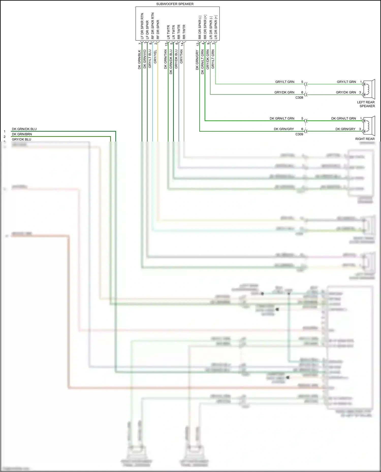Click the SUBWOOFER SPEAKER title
tap(175, 4)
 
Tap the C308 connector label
tap(299, 98)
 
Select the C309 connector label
tap(299, 134)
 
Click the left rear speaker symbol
tap(369, 89)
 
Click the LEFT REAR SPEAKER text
tap(366, 104)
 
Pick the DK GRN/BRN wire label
tap(22, 134)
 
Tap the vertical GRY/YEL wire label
tap(155, 57)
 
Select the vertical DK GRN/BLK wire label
tap(139, 60)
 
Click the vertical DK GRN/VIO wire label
tap(145, 59)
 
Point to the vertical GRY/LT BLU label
tap(150, 59)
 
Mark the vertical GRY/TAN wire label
tap(181, 56)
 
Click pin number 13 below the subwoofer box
tap(166, 44)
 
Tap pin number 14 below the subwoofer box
tap(182, 44)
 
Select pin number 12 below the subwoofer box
tap(198, 44)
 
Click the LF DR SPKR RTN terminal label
tap(142, 26)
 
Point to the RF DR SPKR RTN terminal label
tap(153, 26)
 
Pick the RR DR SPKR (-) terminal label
tap(200, 27)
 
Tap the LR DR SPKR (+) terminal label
tap(216, 27)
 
